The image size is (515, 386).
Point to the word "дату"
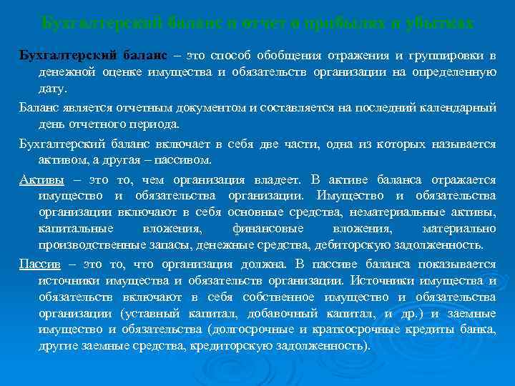click(51, 89)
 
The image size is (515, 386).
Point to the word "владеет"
click(273, 178)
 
